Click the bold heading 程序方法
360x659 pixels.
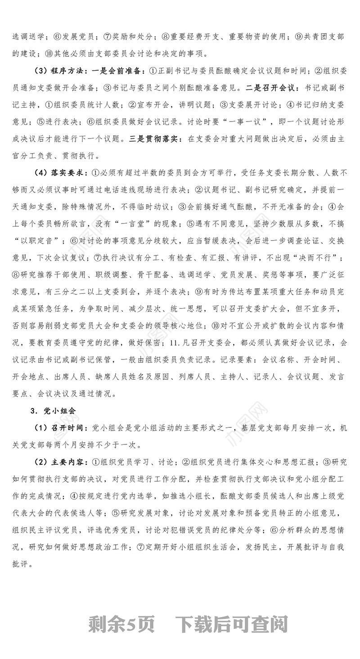pos(66,71)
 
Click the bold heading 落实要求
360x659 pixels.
pos(66,173)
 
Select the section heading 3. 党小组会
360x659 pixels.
pos(53,411)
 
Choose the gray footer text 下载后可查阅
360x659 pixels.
pos(232,624)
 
